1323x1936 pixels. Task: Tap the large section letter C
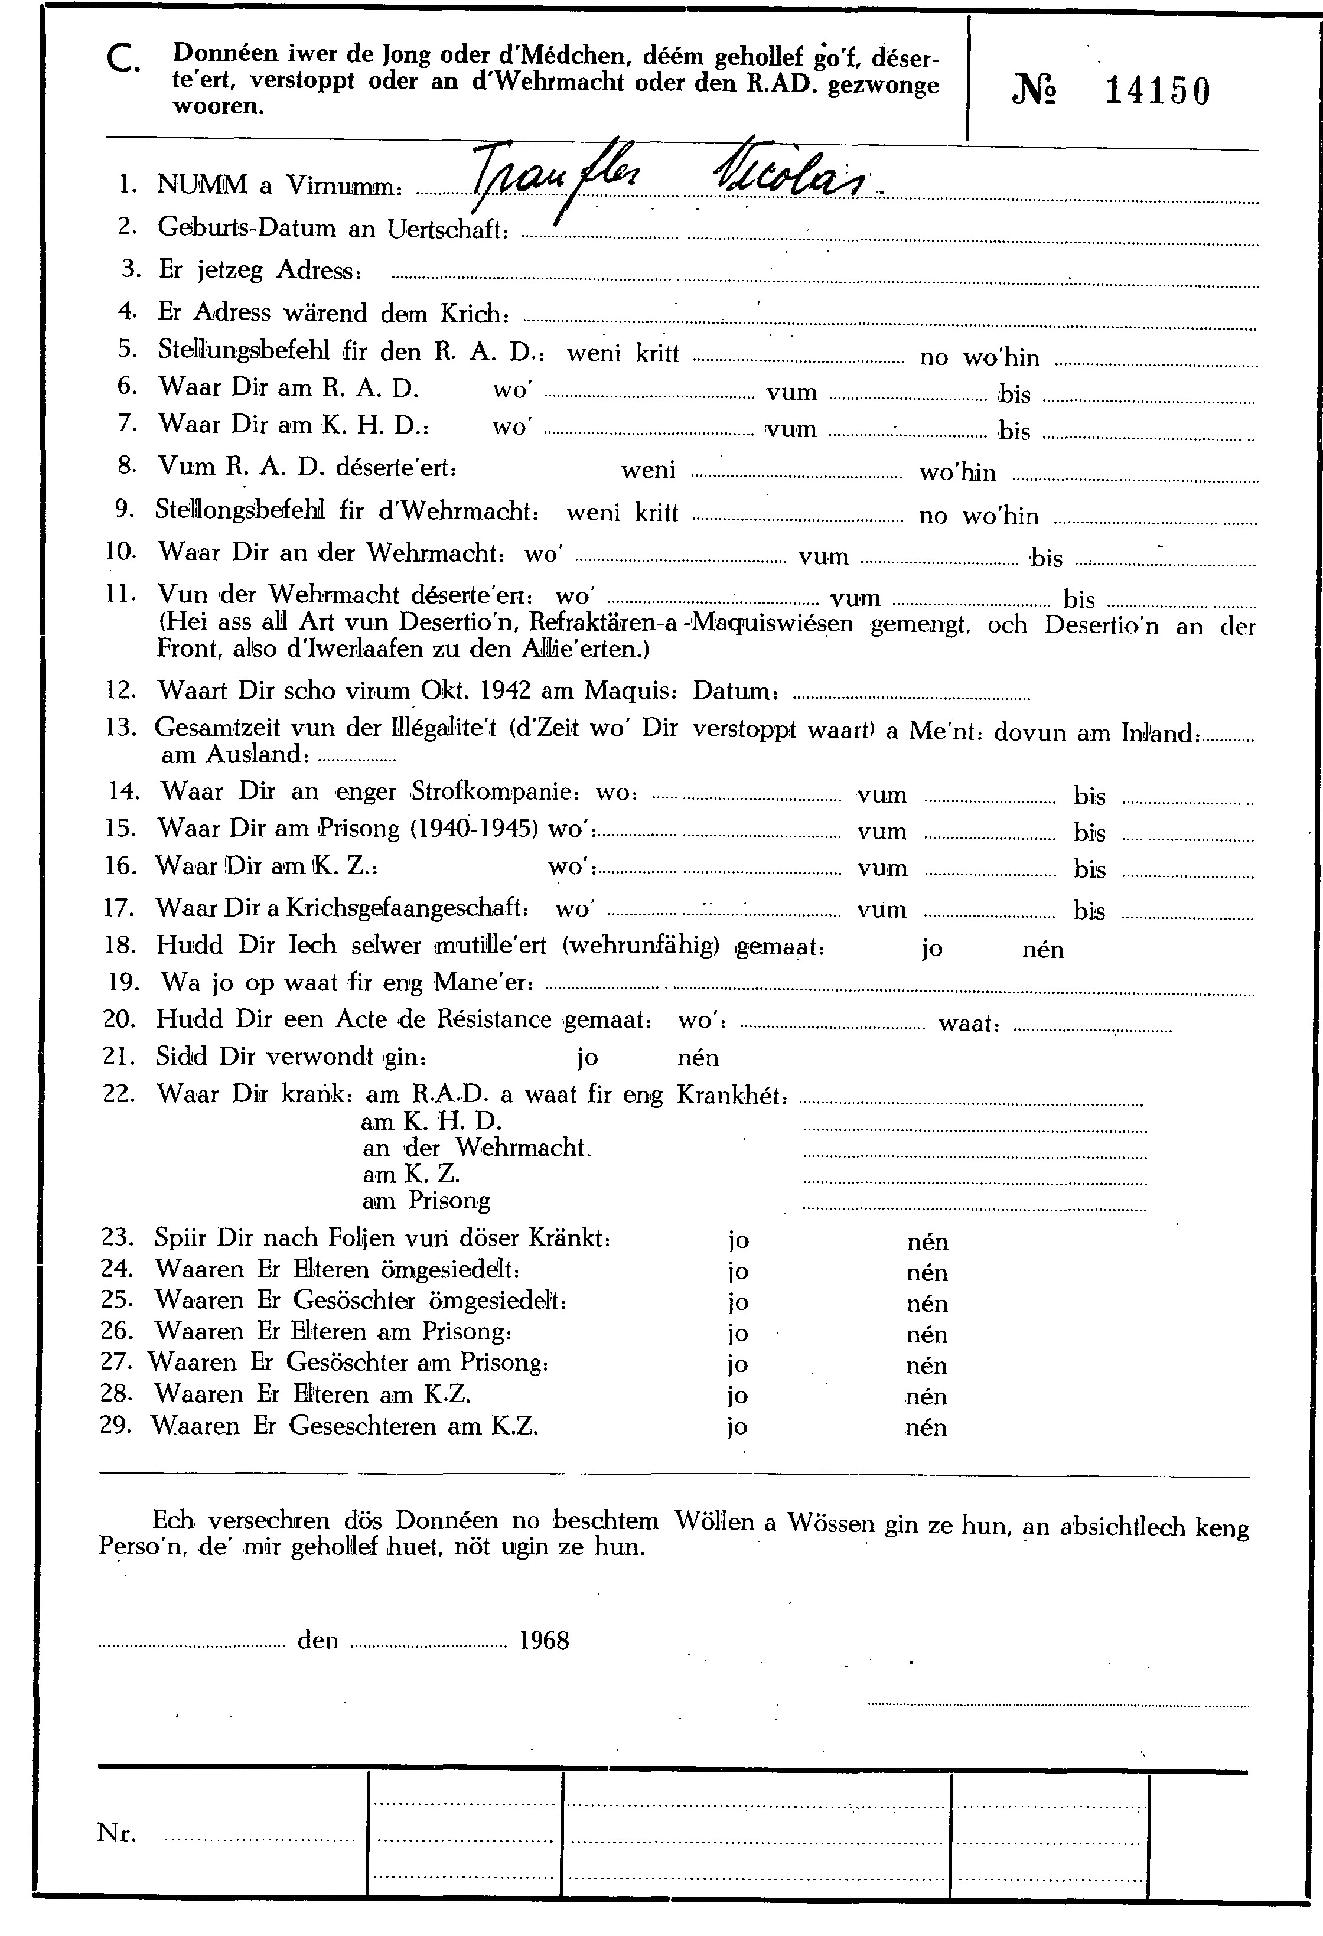[125, 61]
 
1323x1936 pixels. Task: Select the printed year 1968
[544, 1641]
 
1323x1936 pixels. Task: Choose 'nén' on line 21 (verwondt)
[698, 1058]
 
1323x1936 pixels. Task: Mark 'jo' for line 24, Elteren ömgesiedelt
[738, 1273]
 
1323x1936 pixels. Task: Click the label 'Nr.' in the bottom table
[116, 1833]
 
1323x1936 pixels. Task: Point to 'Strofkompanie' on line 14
[490, 791]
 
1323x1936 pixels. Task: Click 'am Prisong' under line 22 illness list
[426, 1201]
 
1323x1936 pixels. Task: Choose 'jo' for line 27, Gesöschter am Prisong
[738, 1365]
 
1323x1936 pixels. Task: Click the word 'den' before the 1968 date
[317, 1641]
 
